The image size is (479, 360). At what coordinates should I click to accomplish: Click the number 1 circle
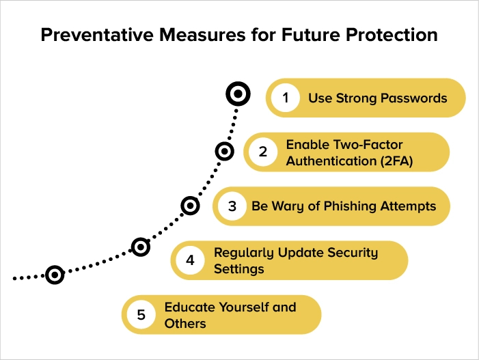click(x=285, y=98)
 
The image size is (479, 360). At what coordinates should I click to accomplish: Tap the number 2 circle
click(x=263, y=152)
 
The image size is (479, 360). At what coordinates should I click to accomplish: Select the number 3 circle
click(x=232, y=206)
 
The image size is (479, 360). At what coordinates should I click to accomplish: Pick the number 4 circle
click(x=190, y=260)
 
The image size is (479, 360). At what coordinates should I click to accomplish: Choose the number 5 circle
click(x=141, y=314)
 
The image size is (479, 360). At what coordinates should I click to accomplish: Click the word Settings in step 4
click(x=239, y=269)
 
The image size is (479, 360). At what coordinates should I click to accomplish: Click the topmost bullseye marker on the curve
click(x=238, y=94)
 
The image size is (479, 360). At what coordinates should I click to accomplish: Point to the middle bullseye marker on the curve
click(x=191, y=205)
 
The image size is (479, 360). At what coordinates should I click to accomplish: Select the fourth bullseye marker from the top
click(x=140, y=247)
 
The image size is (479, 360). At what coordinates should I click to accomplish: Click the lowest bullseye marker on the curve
click(x=55, y=275)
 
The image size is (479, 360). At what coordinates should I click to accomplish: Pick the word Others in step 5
click(x=185, y=323)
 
